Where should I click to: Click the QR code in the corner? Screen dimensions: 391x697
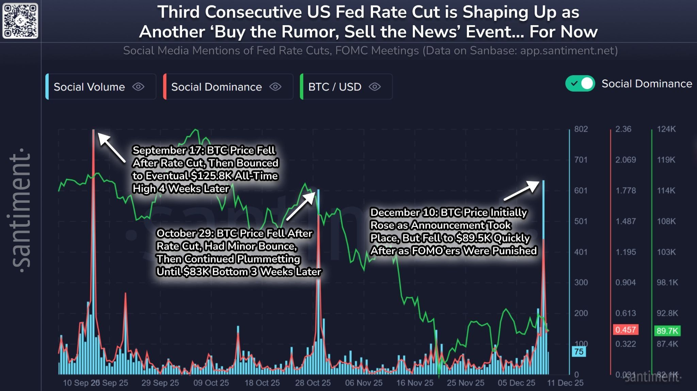coord(20,21)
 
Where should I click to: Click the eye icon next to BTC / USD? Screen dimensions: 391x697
coord(374,87)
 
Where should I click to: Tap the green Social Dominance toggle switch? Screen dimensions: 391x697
coord(580,83)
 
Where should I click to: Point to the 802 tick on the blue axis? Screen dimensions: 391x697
coord(581,129)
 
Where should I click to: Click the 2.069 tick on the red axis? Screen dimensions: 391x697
coord(625,160)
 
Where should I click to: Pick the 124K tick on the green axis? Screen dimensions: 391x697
coord(666,129)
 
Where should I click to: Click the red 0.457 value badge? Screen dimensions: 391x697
coord(626,330)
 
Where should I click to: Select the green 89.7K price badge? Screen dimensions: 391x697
coord(667,331)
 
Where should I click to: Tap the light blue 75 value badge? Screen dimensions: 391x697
coord(579,352)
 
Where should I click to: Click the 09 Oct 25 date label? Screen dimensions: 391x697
coord(211,383)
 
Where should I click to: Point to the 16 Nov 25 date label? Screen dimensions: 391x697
coord(415,383)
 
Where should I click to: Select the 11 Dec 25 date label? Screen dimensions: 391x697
coord(565,383)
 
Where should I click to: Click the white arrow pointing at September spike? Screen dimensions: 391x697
coord(111,147)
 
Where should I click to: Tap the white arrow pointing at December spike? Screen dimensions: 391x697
coord(521,191)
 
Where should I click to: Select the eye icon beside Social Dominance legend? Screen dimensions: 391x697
coord(275,87)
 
